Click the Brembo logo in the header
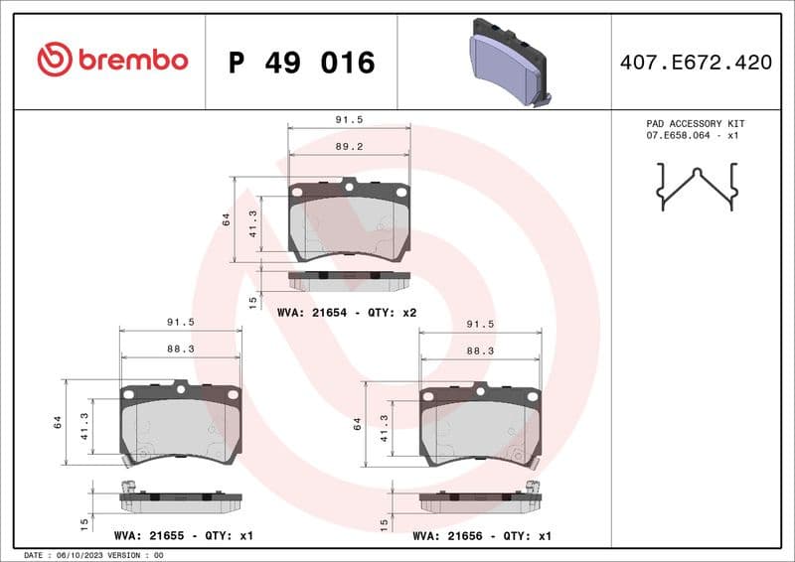(111, 61)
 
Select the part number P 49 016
(301, 63)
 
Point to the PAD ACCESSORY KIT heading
(695, 123)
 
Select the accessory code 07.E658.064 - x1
(695, 135)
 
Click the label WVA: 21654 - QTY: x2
(347, 313)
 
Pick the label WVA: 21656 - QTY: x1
(482, 535)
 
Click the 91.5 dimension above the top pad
(349, 119)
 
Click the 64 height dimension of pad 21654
(227, 219)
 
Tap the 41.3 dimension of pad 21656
(385, 427)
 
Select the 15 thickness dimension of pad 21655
(84, 522)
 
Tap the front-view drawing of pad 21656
(481, 425)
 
